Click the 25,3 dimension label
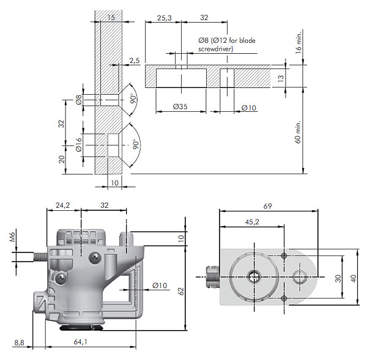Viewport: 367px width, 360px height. [x=164, y=18]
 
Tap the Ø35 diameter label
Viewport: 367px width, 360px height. [x=180, y=107]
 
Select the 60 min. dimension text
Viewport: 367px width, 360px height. [x=297, y=132]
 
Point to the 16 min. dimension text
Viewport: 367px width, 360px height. [x=298, y=42]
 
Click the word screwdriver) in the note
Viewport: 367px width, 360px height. [x=215, y=49]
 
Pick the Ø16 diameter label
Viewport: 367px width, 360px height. [x=79, y=145]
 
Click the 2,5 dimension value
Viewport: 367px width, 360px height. [x=135, y=61]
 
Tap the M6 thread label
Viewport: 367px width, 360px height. [x=12, y=237]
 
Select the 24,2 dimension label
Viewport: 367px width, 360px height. [x=63, y=205]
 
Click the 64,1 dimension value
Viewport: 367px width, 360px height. [x=80, y=342]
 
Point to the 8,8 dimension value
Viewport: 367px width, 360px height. [x=19, y=343]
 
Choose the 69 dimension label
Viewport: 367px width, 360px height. [x=267, y=206]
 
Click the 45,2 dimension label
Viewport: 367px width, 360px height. [x=252, y=221]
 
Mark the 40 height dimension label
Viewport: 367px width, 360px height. [x=353, y=278]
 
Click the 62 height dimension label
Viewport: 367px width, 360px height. [x=181, y=291]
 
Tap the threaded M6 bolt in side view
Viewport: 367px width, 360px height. [x=40, y=257]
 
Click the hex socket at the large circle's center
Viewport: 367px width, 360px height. [x=254, y=277]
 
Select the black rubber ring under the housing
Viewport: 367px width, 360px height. [x=81, y=328]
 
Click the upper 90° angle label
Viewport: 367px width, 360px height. [x=133, y=98]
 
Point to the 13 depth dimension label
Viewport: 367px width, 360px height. [x=281, y=78]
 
